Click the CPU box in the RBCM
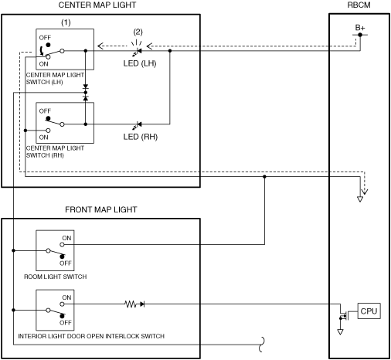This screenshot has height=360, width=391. [x=369, y=311]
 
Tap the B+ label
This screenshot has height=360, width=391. [x=360, y=28]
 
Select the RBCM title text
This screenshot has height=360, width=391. [x=359, y=5]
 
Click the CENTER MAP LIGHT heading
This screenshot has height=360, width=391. [x=97, y=5]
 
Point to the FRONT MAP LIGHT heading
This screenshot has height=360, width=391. [x=101, y=209]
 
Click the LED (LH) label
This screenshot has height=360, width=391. [x=140, y=63]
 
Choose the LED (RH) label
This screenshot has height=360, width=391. [x=141, y=137]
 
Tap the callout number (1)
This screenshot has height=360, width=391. [x=66, y=22]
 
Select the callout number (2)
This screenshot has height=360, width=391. [x=138, y=32]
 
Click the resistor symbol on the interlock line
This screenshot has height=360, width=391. [x=131, y=304]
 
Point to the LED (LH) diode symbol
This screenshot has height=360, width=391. [x=138, y=52]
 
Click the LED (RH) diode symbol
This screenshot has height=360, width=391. [x=138, y=125]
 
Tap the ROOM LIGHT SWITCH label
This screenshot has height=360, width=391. [x=56, y=277]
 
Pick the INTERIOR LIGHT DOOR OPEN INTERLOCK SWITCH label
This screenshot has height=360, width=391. [x=91, y=336]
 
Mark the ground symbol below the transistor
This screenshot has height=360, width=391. [x=340, y=331]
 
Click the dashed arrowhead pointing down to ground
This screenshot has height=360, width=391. [x=365, y=192]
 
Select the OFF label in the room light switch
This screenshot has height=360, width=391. [x=66, y=263]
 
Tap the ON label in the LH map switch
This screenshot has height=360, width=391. [x=43, y=64]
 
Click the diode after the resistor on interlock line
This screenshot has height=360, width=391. [x=142, y=304]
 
